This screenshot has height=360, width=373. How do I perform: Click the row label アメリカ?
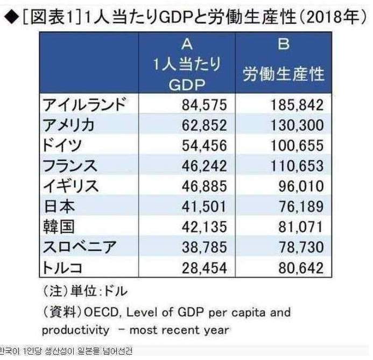click(x=68, y=125)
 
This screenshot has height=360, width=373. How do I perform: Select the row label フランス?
click(x=68, y=165)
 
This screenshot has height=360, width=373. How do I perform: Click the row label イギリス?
click(x=68, y=186)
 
